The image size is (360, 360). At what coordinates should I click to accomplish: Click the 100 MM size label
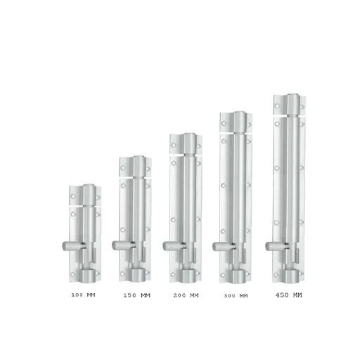coord(83,295)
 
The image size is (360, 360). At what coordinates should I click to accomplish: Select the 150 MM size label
coord(137,295)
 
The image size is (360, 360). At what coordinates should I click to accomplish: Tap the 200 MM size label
coord(186,295)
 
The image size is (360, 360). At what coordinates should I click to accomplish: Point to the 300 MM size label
coord(236,296)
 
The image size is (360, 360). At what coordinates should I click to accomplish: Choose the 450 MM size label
coord(289,295)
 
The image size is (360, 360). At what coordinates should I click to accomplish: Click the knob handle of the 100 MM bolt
coord(74,246)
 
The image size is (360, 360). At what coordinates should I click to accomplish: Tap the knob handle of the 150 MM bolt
coord(123,245)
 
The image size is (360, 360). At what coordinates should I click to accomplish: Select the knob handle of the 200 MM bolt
coord(174,246)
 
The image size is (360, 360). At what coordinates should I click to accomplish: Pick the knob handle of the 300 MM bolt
coord(224,246)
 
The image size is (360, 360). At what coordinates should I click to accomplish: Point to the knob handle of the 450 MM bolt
coord(277,246)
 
